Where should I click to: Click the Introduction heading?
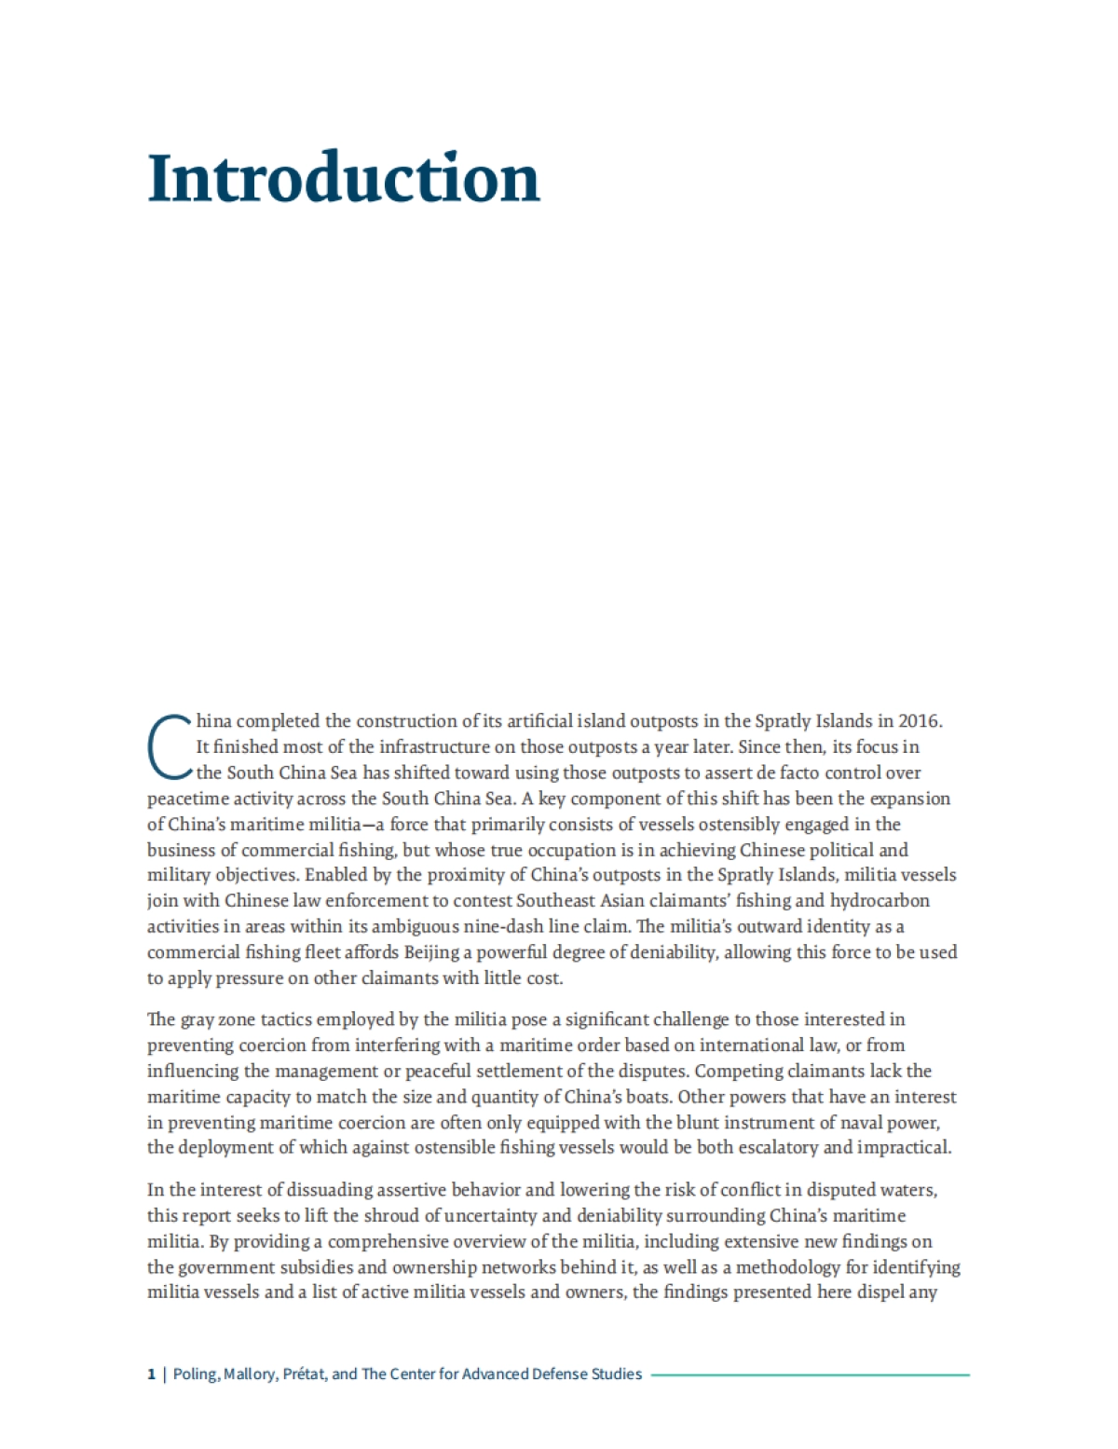tap(344, 178)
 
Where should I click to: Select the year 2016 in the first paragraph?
tap(920, 721)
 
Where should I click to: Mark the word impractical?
tap(906, 1147)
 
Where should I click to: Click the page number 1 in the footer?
tap(151, 1374)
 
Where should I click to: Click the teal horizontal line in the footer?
tap(810, 1374)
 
